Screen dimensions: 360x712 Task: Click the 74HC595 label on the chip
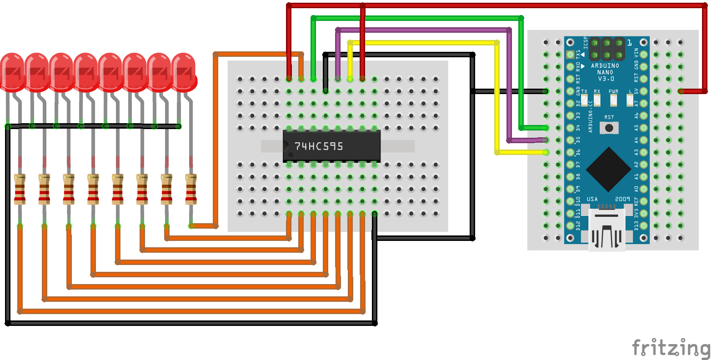coord(319,146)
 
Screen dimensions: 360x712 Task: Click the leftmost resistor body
coord(20,189)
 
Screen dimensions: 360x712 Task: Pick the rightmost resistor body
coord(191,189)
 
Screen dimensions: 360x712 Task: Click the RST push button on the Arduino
coord(609,128)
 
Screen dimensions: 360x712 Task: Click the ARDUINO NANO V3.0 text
coord(605,72)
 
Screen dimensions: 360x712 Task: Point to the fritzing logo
coord(671,348)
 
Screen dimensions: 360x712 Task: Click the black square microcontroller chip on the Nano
coord(608,170)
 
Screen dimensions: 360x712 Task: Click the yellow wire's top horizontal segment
coord(423,43)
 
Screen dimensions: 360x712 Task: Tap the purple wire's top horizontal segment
coord(423,30)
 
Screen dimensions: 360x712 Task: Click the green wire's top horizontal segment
coord(416,18)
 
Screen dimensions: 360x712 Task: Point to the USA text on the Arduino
coord(592,199)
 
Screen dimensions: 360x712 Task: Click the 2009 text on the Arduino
coord(622,199)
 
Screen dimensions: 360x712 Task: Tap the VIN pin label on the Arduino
coord(637,53)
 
